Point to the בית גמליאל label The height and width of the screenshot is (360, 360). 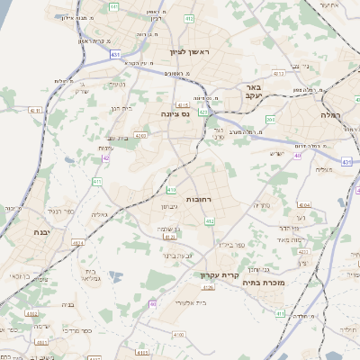point(90,274)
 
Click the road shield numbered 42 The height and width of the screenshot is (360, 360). point(106,157)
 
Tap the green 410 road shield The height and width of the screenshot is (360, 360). point(171,190)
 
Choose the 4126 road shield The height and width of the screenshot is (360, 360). point(209,287)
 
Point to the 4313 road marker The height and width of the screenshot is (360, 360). point(278,73)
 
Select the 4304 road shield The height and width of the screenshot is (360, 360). point(303,204)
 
